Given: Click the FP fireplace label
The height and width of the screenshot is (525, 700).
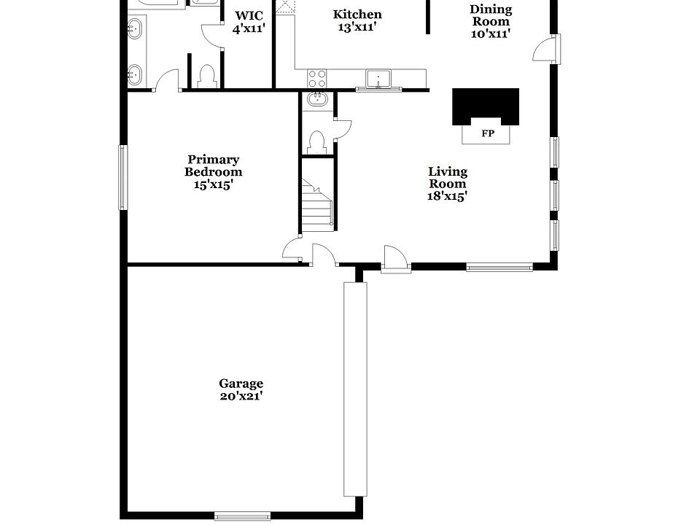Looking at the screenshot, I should pos(486,134).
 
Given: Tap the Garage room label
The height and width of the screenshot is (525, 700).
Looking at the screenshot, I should pos(241,384).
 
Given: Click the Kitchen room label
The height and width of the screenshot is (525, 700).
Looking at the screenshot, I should pos(357,15).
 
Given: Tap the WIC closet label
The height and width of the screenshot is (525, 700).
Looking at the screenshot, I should pos(248,16).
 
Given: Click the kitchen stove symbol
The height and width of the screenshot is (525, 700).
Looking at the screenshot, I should pos(317,78).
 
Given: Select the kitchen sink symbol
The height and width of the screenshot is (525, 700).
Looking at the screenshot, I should pos(378,78).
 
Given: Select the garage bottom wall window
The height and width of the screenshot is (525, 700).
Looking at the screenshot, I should pos(243,516).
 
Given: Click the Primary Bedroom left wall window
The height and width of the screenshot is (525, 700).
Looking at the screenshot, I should pos(123,176).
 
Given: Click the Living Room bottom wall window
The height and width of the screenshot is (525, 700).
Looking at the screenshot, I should pos(499,268).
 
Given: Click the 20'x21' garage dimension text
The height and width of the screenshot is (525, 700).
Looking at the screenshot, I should pos(241,397).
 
